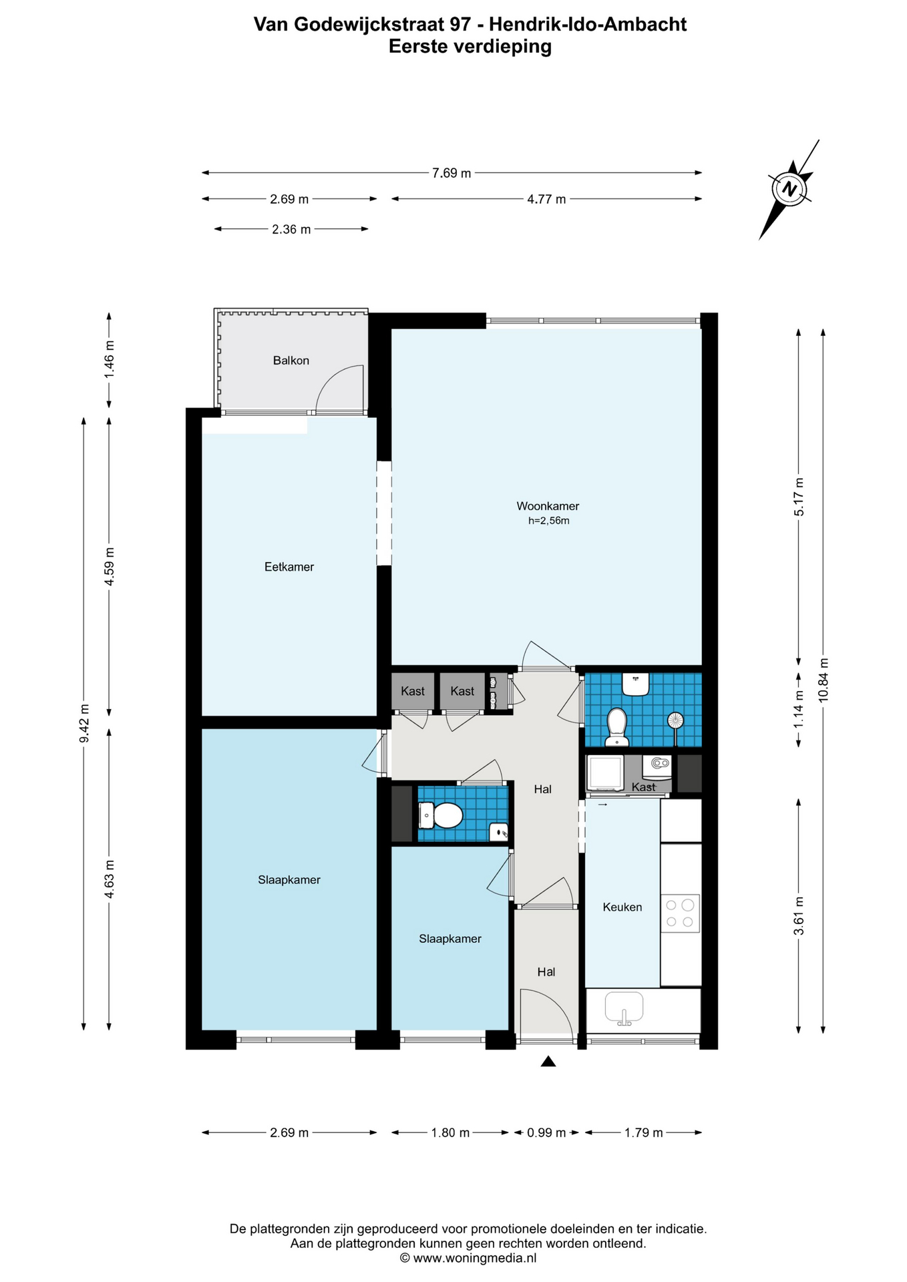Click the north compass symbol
[790, 189]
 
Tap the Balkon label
[291, 361]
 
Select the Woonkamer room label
[548, 506]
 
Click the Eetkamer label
[289, 567]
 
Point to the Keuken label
[622, 907]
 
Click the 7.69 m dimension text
[451, 173]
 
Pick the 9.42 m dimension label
[84, 723]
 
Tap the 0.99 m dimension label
[546, 1132]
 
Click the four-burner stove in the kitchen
[681, 913]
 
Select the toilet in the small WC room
[441, 815]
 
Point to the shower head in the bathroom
[676, 721]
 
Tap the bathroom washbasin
[636, 684]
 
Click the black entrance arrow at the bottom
[548, 1061]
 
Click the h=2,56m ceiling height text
[549, 521]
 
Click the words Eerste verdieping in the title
[470, 46]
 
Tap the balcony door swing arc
[334, 381]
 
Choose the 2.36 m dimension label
[291, 229]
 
